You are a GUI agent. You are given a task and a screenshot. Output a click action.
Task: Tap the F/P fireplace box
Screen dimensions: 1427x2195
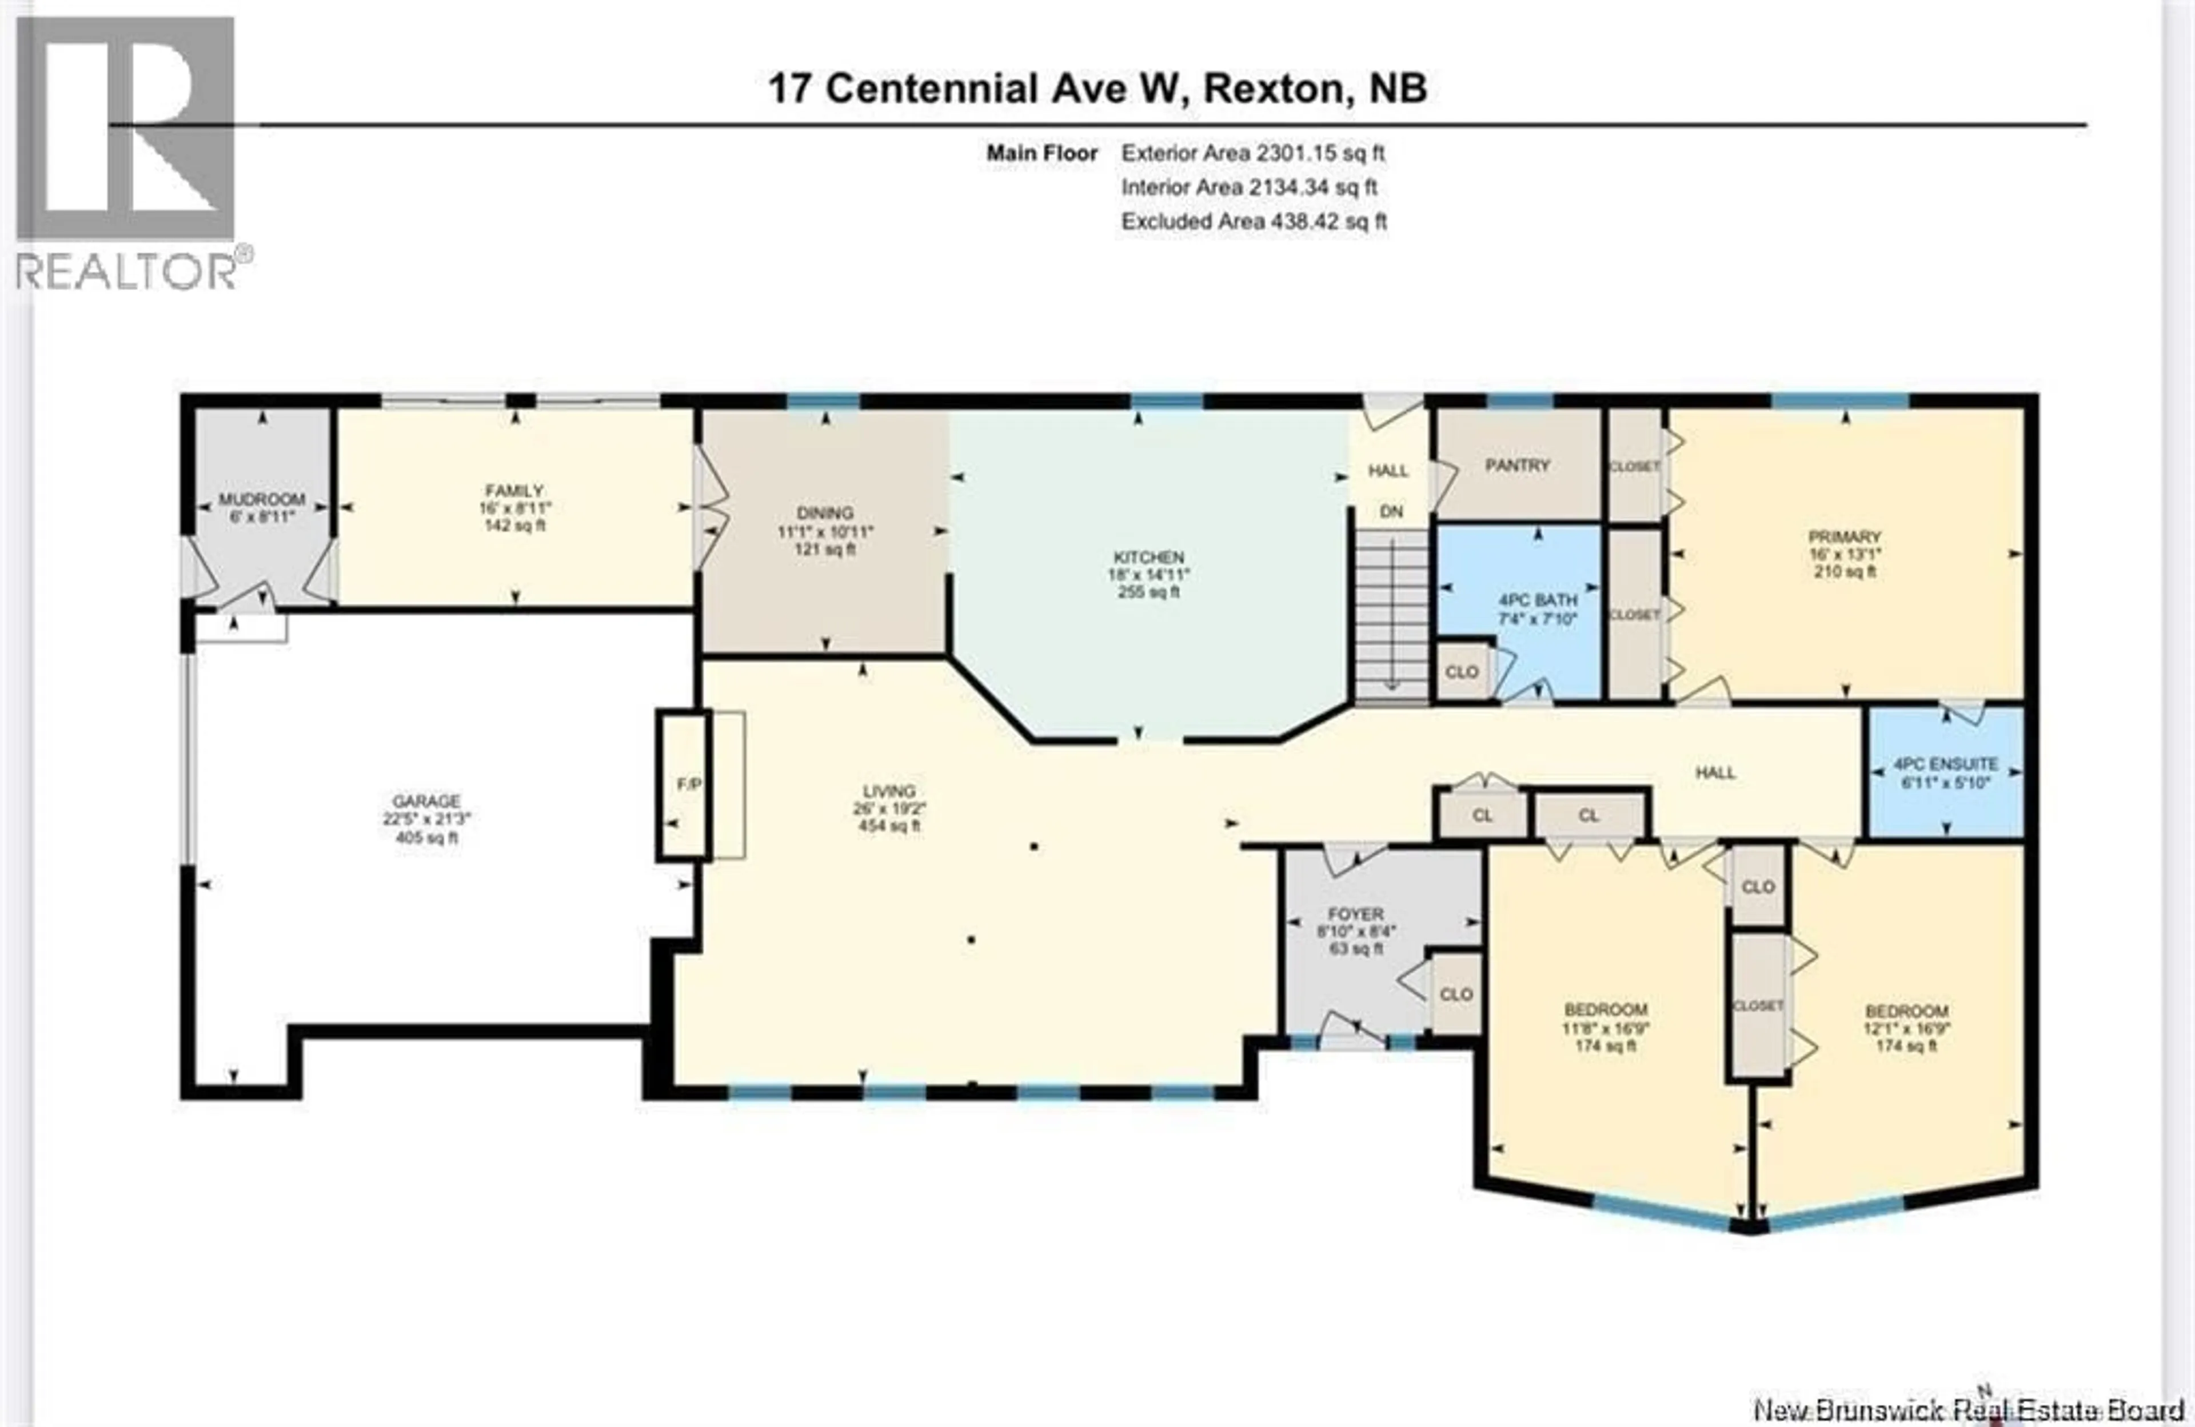(684, 784)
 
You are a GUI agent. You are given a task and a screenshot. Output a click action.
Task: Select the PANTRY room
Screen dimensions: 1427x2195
(1517, 466)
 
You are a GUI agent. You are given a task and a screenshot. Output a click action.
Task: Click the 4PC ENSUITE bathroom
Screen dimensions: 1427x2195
(1945, 772)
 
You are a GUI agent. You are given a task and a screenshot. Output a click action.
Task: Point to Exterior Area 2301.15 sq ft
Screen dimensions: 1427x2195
(1252, 153)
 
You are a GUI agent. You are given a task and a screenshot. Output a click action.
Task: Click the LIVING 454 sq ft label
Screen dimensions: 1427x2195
(889, 808)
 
